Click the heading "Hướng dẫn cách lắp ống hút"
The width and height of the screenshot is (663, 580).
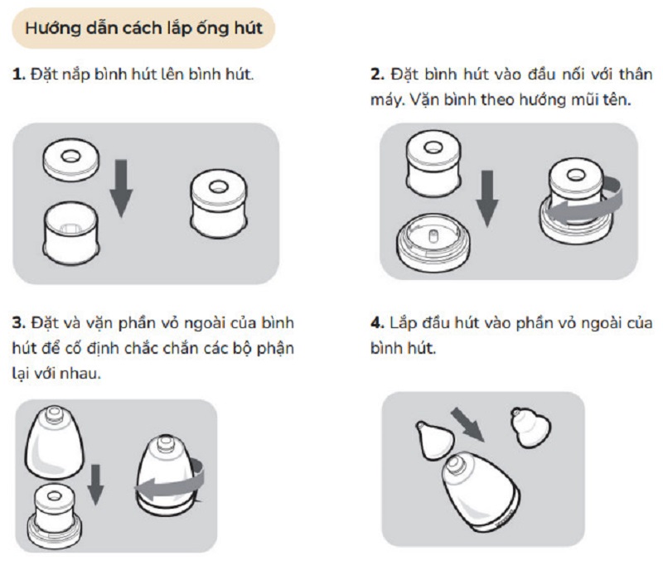tap(143, 28)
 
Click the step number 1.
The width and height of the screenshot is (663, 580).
tap(18, 75)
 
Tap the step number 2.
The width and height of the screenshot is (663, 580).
tap(377, 75)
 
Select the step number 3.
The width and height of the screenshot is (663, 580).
tap(19, 323)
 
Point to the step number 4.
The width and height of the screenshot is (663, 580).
tap(377, 323)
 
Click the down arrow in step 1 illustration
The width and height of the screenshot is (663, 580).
tap(121, 188)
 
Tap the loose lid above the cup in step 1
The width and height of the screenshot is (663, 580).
tap(71, 159)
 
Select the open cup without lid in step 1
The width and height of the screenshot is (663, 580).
tap(71, 233)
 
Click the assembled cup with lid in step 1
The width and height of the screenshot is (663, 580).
tap(219, 203)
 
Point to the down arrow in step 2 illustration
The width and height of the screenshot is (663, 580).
tap(487, 199)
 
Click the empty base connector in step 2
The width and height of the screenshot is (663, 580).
tap(433, 242)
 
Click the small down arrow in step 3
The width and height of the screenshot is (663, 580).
tap(95, 485)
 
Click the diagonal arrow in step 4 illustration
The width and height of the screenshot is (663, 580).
tap(467, 424)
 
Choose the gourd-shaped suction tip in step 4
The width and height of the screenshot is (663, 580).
tap(530, 427)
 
